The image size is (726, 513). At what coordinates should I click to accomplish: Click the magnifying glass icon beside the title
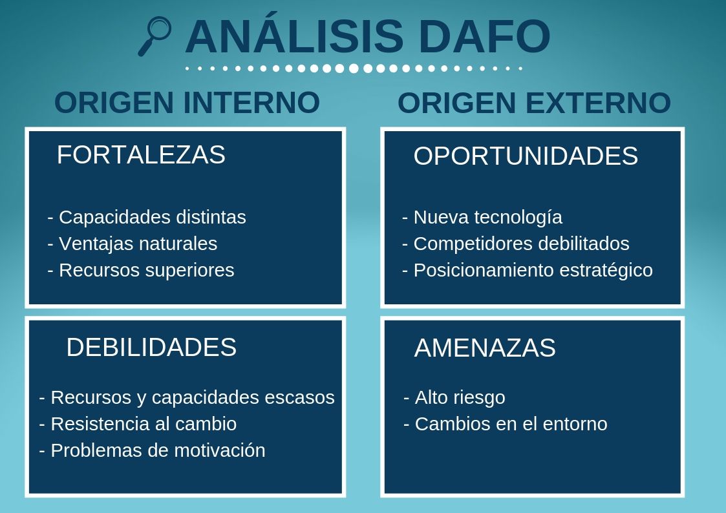click(x=155, y=36)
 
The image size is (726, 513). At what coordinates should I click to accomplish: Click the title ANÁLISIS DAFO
click(x=367, y=37)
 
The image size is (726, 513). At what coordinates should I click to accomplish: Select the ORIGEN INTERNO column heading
click(x=187, y=103)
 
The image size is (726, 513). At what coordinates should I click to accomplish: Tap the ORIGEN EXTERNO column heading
click(x=534, y=103)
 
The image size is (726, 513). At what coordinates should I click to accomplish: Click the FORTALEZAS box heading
click(x=141, y=155)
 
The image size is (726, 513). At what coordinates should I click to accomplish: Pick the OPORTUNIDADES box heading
click(x=526, y=156)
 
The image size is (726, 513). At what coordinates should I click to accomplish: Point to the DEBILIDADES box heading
click(x=151, y=348)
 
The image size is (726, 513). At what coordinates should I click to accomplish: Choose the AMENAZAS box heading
click(x=485, y=348)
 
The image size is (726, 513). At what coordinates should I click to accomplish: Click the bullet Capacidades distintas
click(x=147, y=217)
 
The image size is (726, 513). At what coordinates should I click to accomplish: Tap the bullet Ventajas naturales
click(x=133, y=244)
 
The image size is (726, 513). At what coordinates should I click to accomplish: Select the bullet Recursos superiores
click(x=141, y=270)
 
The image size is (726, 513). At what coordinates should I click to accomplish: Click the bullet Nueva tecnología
click(x=482, y=217)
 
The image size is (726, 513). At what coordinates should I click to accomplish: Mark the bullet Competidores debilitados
click(x=516, y=244)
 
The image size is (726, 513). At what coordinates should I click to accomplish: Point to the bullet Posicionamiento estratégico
click(x=528, y=270)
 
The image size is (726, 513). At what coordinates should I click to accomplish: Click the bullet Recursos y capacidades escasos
click(x=187, y=397)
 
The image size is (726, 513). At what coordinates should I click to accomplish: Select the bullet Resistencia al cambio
click(x=138, y=424)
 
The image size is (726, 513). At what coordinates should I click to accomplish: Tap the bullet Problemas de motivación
click(x=152, y=450)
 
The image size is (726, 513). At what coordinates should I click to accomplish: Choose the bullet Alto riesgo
click(x=454, y=397)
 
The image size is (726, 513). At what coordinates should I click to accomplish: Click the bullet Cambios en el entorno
click(x=506, y=424)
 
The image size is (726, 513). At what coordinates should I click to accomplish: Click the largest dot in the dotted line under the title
click(x=354, y=68)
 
